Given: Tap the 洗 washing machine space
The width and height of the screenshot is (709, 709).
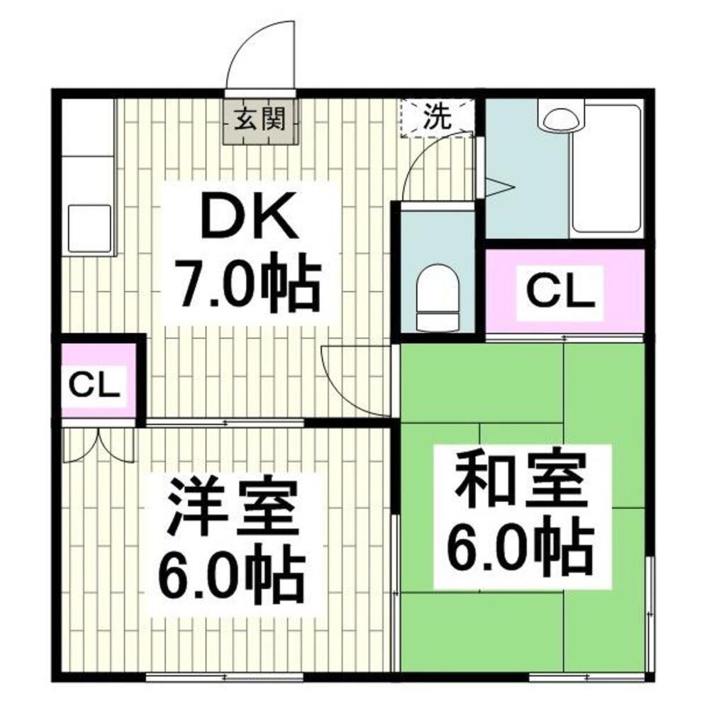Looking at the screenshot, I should [437, 117].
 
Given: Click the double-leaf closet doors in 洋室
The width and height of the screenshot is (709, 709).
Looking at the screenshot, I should [99, 443].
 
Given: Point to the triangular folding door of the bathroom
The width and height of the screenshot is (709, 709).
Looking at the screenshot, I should [496, 188].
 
